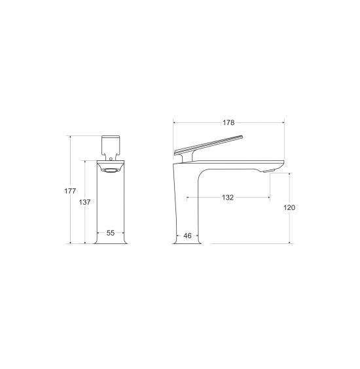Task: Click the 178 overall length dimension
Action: pyautogui.click(x=228, y=122)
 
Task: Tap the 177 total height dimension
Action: pyautogui.click(x=70, y=191)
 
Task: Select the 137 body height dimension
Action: pyautogui.click(x=84, y=202)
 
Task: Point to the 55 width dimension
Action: pyautogui.click(x=111, y=233)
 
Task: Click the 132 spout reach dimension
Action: pyautogui.click(x=228, y=197)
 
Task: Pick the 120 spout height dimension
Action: pyautogui.click(x=289, y=207)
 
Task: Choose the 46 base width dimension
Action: pyautogui.click(x=187, y=236)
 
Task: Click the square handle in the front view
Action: pyautogui.click(x=111, y=145)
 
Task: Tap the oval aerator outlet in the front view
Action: pyautogui.click(x=111, y=170)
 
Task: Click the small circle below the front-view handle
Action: pyautogui.click(x=111, y=159)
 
